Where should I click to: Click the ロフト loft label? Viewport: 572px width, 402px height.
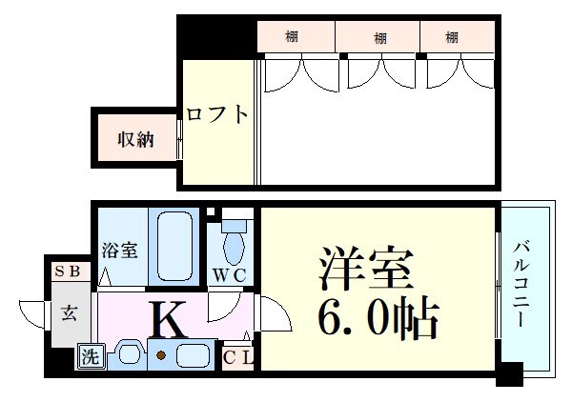coord(217,115)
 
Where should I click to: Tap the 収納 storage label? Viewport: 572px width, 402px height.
coord(136,141)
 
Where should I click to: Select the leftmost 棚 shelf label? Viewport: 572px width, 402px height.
coord(292,38)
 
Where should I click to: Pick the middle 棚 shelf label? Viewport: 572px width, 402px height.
coord(380,38)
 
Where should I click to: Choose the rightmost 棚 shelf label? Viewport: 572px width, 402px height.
coord(452,38)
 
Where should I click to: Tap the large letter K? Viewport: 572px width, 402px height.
coord(170,321)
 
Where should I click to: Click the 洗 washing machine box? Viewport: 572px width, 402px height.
coord(90,357)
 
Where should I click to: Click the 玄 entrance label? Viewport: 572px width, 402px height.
coord(70,312)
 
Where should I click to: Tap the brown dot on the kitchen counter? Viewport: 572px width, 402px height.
coord(162,356)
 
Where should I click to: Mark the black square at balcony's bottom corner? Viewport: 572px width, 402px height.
coord(509,374)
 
